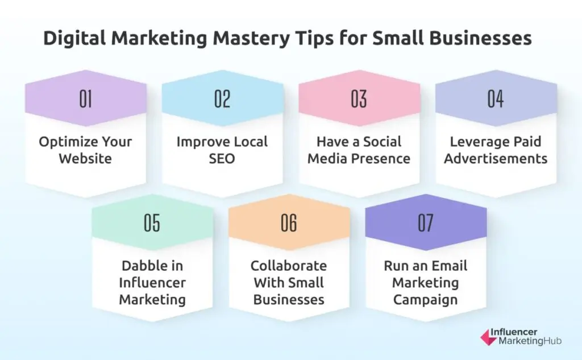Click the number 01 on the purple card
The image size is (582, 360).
point(86,99)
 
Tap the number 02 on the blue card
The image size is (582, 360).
point(222,99)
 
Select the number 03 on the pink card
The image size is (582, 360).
point(359,99)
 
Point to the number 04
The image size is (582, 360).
point(496,99)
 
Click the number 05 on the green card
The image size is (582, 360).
point(152,224)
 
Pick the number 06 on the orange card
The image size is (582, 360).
point(289,224)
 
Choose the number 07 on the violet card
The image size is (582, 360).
point(426,224)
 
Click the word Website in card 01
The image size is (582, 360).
point(86,158)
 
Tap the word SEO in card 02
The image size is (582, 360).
point(222,158)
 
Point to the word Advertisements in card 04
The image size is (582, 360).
point(496,158)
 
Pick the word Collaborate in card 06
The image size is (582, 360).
point(289,266)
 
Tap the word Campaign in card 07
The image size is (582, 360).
point(426,299)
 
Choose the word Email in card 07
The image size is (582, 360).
point(448,266)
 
